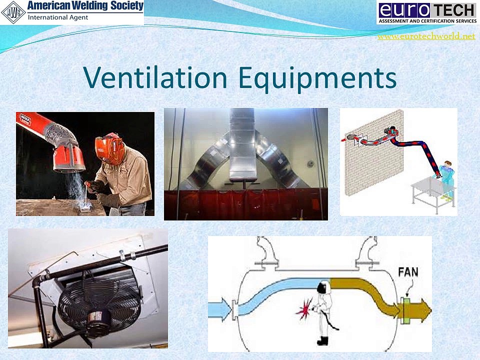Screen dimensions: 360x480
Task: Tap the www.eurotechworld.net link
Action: [x=426, y=36]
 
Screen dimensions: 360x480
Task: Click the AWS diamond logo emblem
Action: [x=13, y=12]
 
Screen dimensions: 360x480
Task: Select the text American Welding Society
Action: [x=85, y=6]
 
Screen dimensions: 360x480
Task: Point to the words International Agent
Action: [x=58, y=17]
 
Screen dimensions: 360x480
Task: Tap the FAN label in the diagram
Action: [x=408, y=273]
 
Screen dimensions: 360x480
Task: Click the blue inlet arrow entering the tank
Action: [x=220, y=306]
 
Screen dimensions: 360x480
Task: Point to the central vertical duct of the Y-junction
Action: [x=244, y=150]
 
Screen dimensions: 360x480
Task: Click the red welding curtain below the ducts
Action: [x=245, y=205]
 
